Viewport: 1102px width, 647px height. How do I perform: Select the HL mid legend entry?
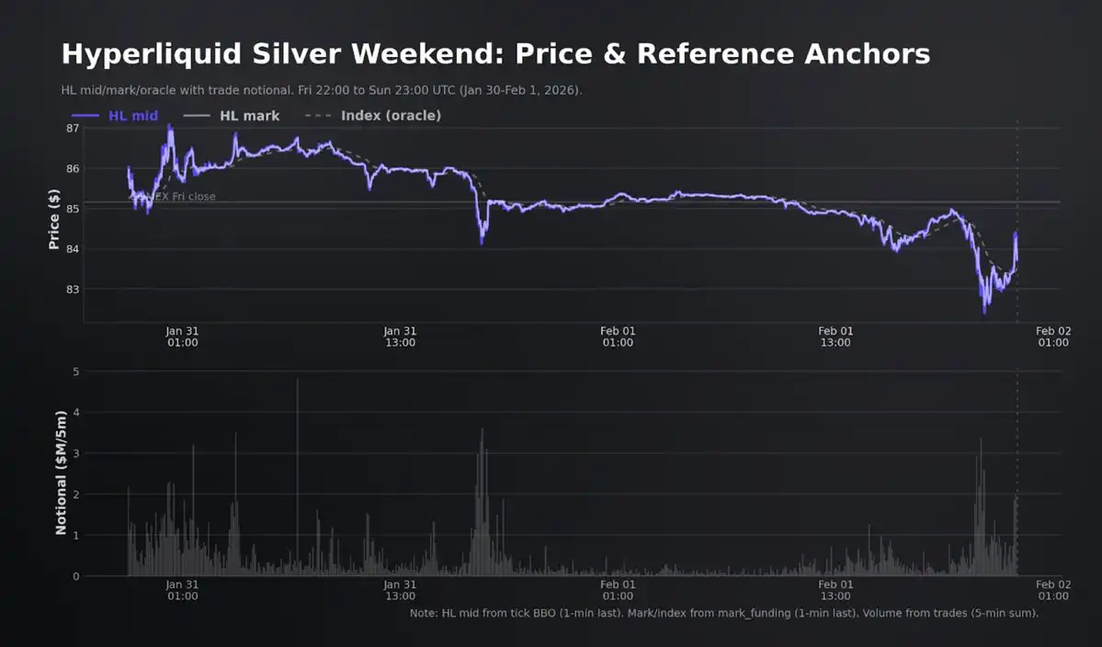click(115, 116)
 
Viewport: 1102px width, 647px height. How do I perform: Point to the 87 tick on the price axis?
click(73, 128)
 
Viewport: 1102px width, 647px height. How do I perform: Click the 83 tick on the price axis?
click(73, 289)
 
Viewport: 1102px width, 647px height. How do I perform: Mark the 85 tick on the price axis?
click(73, 209)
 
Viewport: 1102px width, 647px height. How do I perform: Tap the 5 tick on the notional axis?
click(76, 372)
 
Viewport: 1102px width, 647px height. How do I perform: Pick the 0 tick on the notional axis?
click(76, 576)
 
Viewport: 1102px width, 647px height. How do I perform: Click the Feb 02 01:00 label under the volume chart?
click(1053, 589)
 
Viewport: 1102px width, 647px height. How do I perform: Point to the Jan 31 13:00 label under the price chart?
click(400, 336)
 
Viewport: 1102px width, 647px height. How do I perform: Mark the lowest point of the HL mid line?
click(984, 312)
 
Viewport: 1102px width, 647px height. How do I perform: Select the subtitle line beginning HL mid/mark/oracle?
click(322, 90)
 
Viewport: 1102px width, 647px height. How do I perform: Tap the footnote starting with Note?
click(724, 612)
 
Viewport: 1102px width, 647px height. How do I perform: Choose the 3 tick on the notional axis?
click(76, 454)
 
